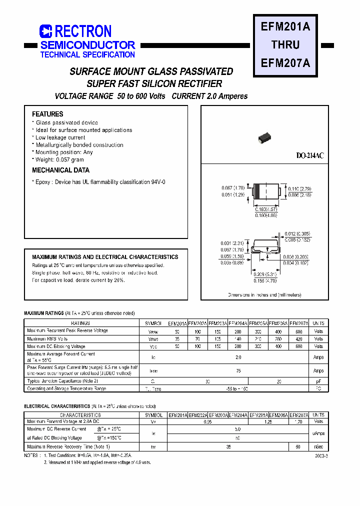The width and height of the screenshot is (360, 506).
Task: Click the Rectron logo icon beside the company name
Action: (46, 31)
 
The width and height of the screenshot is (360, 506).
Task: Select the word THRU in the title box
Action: (285, 44)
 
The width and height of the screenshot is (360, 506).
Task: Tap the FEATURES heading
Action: (47, 114)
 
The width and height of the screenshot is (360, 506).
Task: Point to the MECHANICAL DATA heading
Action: (60, 170)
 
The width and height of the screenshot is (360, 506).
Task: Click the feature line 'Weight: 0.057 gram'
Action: (59, 159)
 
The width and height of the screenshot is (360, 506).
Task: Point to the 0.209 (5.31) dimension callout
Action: (265, 274)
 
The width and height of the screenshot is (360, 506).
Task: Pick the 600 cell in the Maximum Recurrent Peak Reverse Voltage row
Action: (299, 331)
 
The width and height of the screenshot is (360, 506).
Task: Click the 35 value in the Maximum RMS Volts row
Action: (177, 339)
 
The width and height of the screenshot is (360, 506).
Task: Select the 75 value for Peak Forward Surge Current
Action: (238, 370)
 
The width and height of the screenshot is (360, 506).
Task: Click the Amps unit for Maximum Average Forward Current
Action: (318, 357)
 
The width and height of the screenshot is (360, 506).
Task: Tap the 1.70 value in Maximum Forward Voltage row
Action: (299, 421)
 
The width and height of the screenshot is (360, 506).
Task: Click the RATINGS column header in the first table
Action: (80, 323)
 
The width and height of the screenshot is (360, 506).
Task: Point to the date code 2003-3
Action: (322, 456)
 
